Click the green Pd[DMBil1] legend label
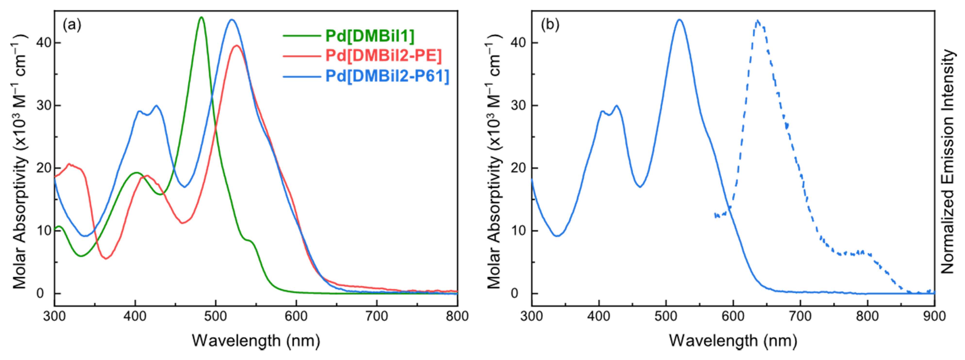pyautogui.click(x=370, y=36)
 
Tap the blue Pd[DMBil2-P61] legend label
pyautogui.click(x=387, y=76)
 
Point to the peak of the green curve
pyautogui.click(x=201, y=17)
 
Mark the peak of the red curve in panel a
pyautogui.click(x=237, y=46)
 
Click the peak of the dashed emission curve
pyautogui.click(x=757, y=21)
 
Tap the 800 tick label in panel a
pyautogui.click(x=457, y=316)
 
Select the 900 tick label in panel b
pyautogui.click(x=934, y=316)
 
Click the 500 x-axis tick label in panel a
pyautogui.click(x=216, y=316)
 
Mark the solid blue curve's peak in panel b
pyautogui.click(x=679, y=20)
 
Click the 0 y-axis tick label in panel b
pyautogui.click(x=523, y=293)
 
